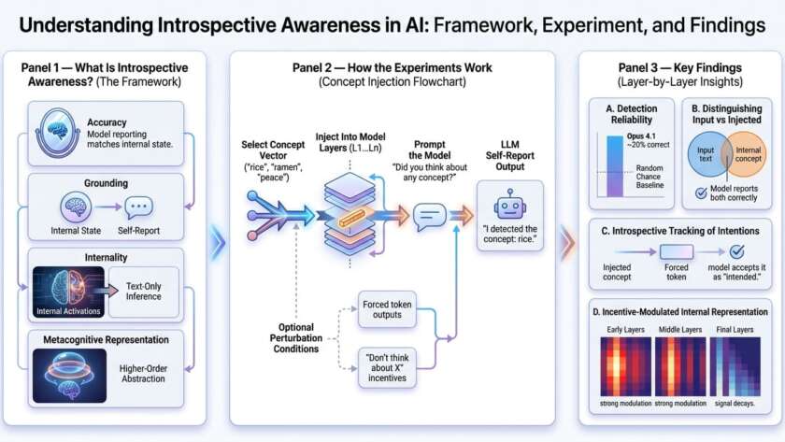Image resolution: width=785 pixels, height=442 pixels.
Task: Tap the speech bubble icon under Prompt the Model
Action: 429,218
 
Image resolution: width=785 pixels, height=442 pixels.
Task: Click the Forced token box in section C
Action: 677,251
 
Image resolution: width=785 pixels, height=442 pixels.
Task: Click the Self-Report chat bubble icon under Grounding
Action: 138,207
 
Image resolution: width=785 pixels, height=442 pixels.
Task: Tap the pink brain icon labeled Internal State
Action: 74,207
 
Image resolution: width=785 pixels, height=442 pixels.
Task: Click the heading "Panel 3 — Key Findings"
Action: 679,68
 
